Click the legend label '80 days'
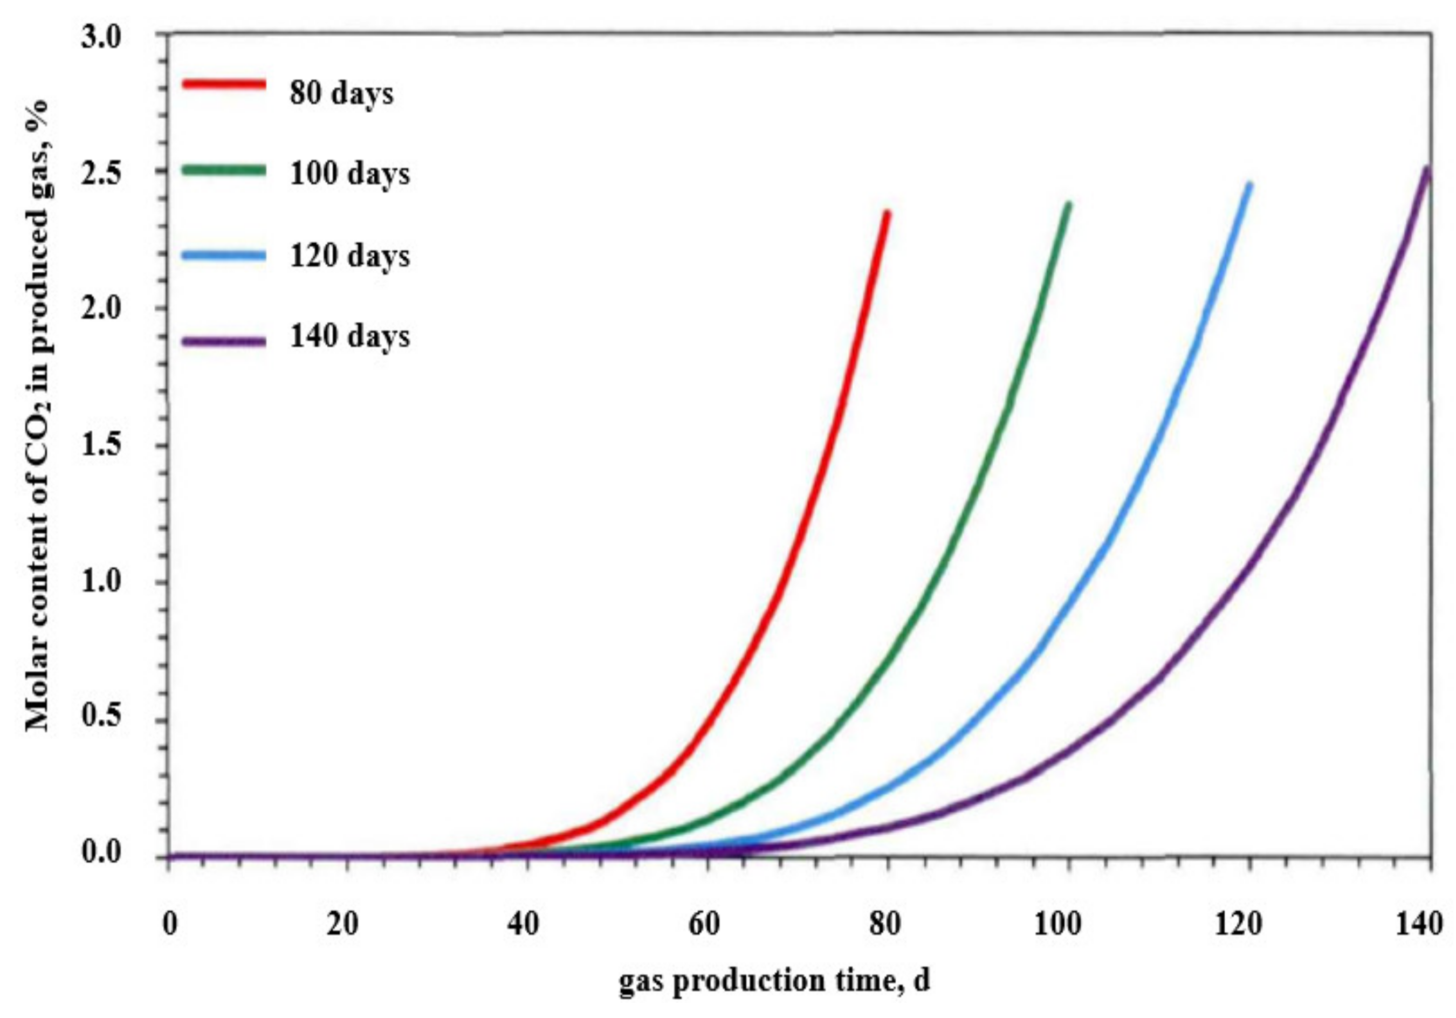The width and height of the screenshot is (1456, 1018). (x=341, y=94)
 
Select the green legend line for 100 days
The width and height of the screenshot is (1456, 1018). (x=223, y=170)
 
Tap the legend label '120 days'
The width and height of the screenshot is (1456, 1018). (x=349, y=256)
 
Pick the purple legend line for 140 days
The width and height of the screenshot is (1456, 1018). (x=223, y=341)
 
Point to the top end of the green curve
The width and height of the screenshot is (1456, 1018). (x=1068, y=205)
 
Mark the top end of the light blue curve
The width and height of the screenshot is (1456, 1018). (x=1249, y=185)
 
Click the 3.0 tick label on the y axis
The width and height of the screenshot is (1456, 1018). (x=101, y=37)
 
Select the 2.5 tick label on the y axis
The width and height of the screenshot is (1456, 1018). (x=101, y=173)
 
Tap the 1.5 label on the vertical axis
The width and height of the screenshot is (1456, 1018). (x=101, y=446)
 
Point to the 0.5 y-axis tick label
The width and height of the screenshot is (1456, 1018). (x=101, y=718)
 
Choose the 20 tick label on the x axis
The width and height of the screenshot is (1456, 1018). (x=342, y=925)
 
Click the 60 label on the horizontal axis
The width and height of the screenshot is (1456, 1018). (x=704, y=925)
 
